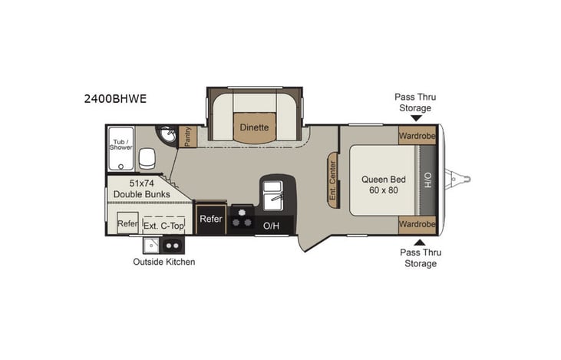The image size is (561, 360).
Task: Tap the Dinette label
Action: [x=253, y=127]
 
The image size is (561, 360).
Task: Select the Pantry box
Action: [x=188, y=137]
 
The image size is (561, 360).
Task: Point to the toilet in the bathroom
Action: [x=147, y=159]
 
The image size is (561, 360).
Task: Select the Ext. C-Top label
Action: [x=163, y=225]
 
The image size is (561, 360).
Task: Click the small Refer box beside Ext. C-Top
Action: [x=127, y=225]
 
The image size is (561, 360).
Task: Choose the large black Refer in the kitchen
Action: [x=211, y=219]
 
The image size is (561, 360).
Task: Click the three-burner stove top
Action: [x=242, y=218]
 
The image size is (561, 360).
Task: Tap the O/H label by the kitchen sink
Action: [x=272, y=226]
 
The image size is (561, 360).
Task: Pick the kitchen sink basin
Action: [x=273, y=199]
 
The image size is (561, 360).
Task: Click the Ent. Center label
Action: [x=333, y=181]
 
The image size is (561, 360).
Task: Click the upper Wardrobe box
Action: [x=417, y=135]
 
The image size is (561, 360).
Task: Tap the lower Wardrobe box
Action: [x=417, y=224]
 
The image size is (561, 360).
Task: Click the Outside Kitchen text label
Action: [x=164, y=262]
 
